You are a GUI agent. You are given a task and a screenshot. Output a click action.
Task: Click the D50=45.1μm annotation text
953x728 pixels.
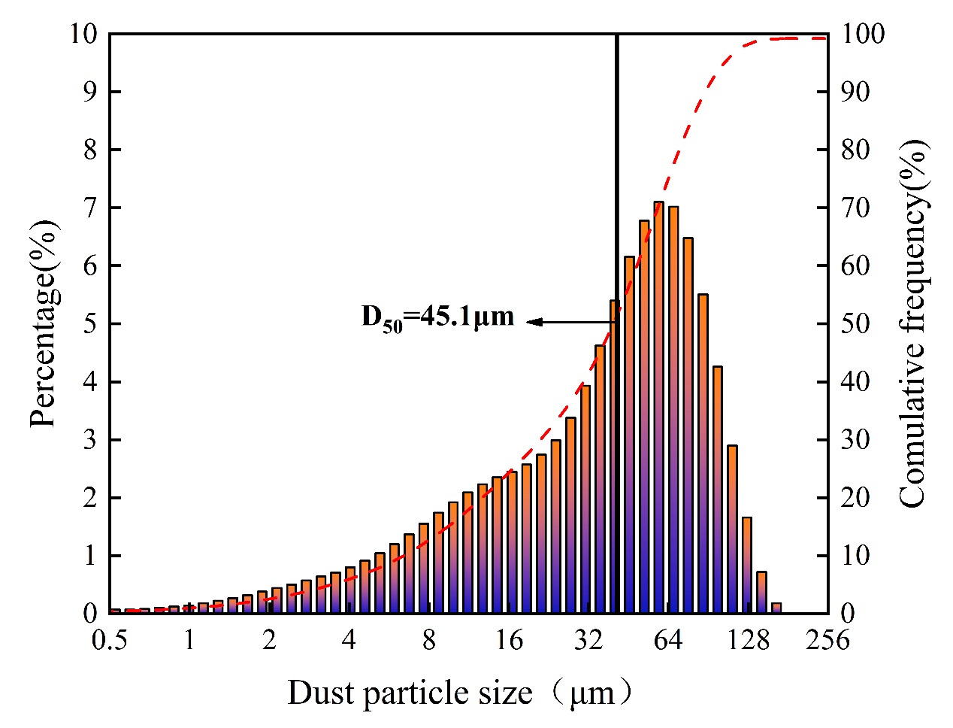click(x=438, y=317)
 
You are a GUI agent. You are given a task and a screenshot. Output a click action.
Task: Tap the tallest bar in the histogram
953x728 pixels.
click(x=658, y=406)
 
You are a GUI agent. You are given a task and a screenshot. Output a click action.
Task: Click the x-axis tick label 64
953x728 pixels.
click(x=667, y=640)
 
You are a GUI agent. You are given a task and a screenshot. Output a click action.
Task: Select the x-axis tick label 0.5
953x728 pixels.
click(x=110, y=640)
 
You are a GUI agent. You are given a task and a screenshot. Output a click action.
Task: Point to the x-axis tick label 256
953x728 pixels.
click(x=827, y=640)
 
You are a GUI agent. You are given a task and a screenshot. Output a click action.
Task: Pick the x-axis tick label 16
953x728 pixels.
click(x=509, y=640)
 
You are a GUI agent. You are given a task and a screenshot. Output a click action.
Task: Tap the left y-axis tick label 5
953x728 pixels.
click(x=90, y=324)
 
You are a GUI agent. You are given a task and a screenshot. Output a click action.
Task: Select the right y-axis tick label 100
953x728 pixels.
click(x=862, y=34)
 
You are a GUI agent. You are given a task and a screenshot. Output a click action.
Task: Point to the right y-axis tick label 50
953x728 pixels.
click(x=855, y=324)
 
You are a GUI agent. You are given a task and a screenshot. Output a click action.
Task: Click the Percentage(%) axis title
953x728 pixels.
click(x=44, y=324)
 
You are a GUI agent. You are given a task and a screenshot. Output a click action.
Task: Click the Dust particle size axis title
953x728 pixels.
click(x=458, y=692)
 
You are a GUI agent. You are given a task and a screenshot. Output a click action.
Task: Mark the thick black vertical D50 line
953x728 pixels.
click(x=616, y=188)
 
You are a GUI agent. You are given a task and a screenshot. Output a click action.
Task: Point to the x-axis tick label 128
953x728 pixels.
click(x=749, y=640)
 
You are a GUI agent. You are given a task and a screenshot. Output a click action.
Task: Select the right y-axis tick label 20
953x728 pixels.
click(x=855, y=498)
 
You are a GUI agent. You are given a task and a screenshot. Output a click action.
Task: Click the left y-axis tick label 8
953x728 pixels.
click(x=90, y=150)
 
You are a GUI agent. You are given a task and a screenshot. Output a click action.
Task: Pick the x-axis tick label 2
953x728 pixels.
click(x=269, y=640)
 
